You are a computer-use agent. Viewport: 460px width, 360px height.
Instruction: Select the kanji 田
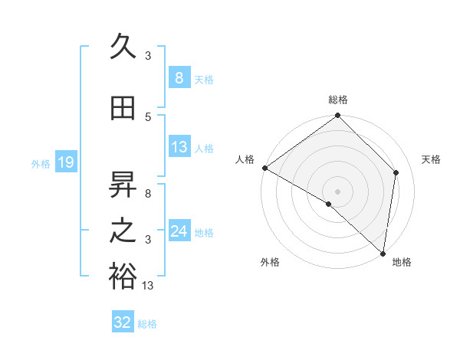[x=123, y=108]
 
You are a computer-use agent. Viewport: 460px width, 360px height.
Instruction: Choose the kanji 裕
[x=123, y=276]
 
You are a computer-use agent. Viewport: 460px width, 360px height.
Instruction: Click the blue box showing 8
[x=179, y=78]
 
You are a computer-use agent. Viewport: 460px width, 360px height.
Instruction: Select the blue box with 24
[x=179, y=231]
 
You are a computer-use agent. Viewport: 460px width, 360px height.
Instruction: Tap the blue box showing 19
[x=65, y=162]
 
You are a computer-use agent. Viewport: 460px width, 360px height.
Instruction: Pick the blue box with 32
[x=123, y=322]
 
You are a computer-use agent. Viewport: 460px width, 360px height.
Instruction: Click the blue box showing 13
[x=179, y=147]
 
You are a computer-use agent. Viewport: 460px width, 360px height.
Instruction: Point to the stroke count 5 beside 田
[x=148, y=117]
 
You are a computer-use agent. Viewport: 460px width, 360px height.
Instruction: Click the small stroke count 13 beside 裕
[x=148, y=286]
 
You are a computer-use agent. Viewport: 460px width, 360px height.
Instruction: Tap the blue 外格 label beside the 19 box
[x=41, y=163]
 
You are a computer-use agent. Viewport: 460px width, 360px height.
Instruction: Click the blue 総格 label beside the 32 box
[x=147, y=323]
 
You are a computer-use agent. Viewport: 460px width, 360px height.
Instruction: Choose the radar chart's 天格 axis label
[x=432, y=159]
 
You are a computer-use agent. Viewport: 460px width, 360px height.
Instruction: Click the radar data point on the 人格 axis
[x=264, y=168]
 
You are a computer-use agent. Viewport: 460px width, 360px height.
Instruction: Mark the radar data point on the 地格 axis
[x=383, y=253]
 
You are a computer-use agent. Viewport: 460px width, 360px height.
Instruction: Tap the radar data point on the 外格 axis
[x=329, y=204]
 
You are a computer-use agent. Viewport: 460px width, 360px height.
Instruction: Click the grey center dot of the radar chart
[x=337, y=190]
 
